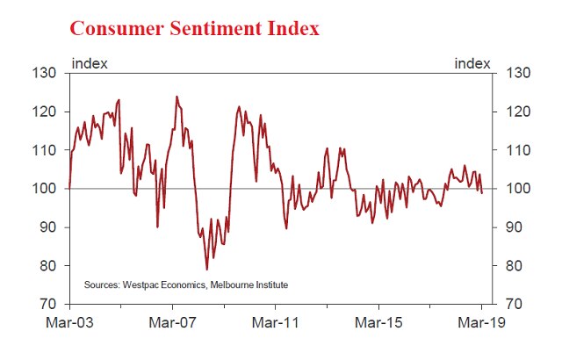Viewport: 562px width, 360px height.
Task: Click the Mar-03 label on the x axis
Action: (68, 322)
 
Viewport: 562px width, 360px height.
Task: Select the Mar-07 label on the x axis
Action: (172, 322)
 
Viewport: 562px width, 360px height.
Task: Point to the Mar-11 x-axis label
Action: (275, 322)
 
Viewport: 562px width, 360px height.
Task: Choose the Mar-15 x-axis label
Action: (378, 322)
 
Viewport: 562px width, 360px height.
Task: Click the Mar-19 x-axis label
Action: (481, 322)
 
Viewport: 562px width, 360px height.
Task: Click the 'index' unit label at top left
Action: (90, 63)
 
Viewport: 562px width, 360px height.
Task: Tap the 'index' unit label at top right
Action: (472, 63)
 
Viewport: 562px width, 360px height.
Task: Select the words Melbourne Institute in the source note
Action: (247, 285)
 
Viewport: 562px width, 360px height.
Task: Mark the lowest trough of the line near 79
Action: (206, 269)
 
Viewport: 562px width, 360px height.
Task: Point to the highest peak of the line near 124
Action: (177, 97)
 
